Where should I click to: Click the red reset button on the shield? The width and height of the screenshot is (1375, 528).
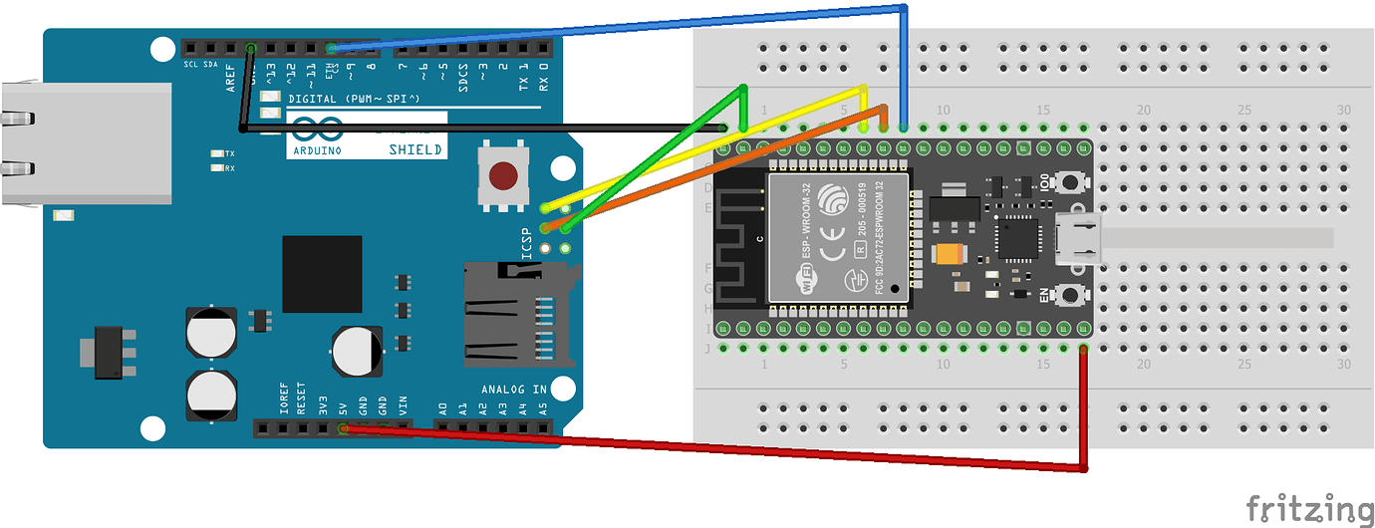(x=504, y=176)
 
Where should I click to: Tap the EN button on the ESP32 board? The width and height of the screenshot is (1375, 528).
(x=1072, y=295)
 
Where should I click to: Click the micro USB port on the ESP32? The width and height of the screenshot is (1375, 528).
(x=1081, y=239)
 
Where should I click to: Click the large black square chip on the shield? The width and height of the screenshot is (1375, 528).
(x=322, y=274)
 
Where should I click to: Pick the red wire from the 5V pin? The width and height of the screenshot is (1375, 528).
(x=697, y=447)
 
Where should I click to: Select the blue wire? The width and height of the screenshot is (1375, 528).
(x=618, y=26)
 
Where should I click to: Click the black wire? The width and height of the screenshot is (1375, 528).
(x=478, y=129)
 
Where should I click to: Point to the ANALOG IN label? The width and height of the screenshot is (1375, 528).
(x=513, y=389)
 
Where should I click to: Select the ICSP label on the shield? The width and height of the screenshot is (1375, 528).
(x=528, y=245)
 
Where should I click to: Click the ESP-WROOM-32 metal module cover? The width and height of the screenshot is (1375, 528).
(x=837, y=235)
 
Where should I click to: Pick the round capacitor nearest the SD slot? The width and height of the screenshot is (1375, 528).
(x=358, y=351)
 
